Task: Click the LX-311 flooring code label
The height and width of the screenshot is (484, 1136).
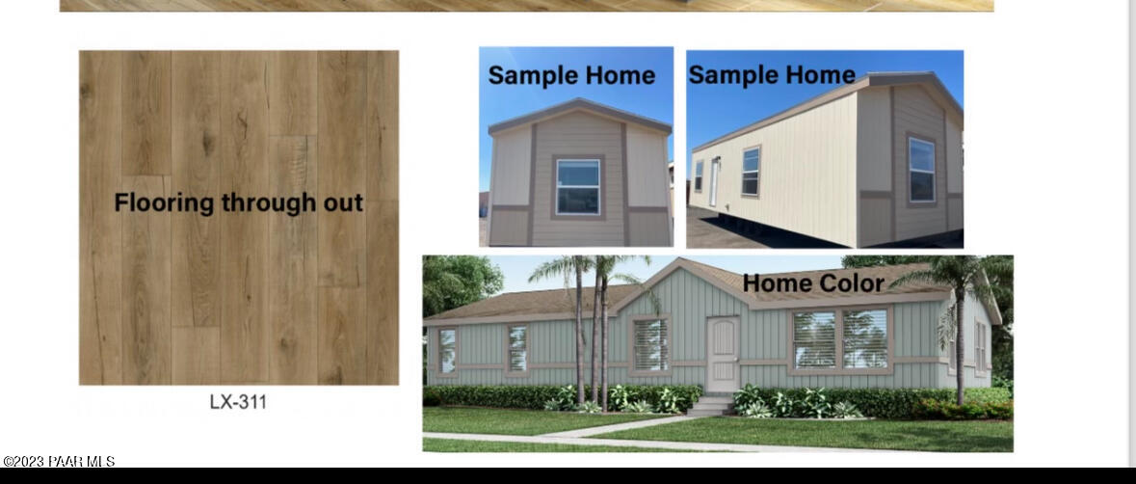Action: (238, 402)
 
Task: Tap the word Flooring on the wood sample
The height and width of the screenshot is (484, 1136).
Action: (165, 202)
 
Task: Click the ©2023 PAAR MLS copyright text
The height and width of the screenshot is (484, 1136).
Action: (60, 462)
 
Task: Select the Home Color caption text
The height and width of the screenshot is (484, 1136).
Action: (813, 283)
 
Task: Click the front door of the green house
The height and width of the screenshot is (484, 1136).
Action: (723, 354)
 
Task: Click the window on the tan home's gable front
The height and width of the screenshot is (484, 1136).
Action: (578, 187)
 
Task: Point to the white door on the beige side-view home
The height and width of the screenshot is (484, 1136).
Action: (714, 182)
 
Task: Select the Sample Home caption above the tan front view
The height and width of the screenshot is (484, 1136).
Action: (571, 75)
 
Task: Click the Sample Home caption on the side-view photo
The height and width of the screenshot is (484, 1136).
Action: (773, 74)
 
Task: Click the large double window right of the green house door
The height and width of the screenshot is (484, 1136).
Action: (840, 339)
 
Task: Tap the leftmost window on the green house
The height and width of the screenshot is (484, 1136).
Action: (448, 351)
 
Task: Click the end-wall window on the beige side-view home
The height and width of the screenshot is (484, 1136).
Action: (921, 170)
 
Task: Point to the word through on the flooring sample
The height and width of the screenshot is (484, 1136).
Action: (269, 203)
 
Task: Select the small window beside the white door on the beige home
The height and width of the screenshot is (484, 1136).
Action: (699, 176)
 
